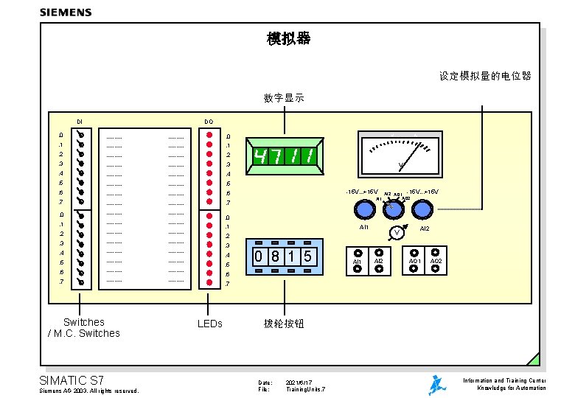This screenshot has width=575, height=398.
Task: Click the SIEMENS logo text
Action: [66, 13]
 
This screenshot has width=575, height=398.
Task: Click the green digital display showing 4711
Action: [285, 156]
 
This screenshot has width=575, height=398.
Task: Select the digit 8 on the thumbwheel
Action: [275, 256]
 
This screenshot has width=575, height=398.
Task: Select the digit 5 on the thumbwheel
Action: [309, 256]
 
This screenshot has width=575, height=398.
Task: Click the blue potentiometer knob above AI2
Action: [422, 210]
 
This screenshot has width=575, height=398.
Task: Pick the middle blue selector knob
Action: [393, 210]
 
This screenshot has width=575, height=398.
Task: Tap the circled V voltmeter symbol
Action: [397, 233]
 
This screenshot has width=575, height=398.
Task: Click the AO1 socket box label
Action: [414, 261]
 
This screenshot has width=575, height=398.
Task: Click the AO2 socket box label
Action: [436, 261]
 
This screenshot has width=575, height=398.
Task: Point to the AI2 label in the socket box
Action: [379, 261]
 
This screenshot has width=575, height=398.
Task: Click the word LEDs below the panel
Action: [210, 324]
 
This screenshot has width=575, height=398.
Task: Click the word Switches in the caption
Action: [83, 322]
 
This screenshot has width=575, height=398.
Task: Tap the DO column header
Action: [209, 122]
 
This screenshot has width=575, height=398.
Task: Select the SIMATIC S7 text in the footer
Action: [72, 380]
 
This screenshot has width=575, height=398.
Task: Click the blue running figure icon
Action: [437, 385]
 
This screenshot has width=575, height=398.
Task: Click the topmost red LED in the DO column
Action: [210, 136]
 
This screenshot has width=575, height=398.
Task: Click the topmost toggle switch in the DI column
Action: [81, 136]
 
